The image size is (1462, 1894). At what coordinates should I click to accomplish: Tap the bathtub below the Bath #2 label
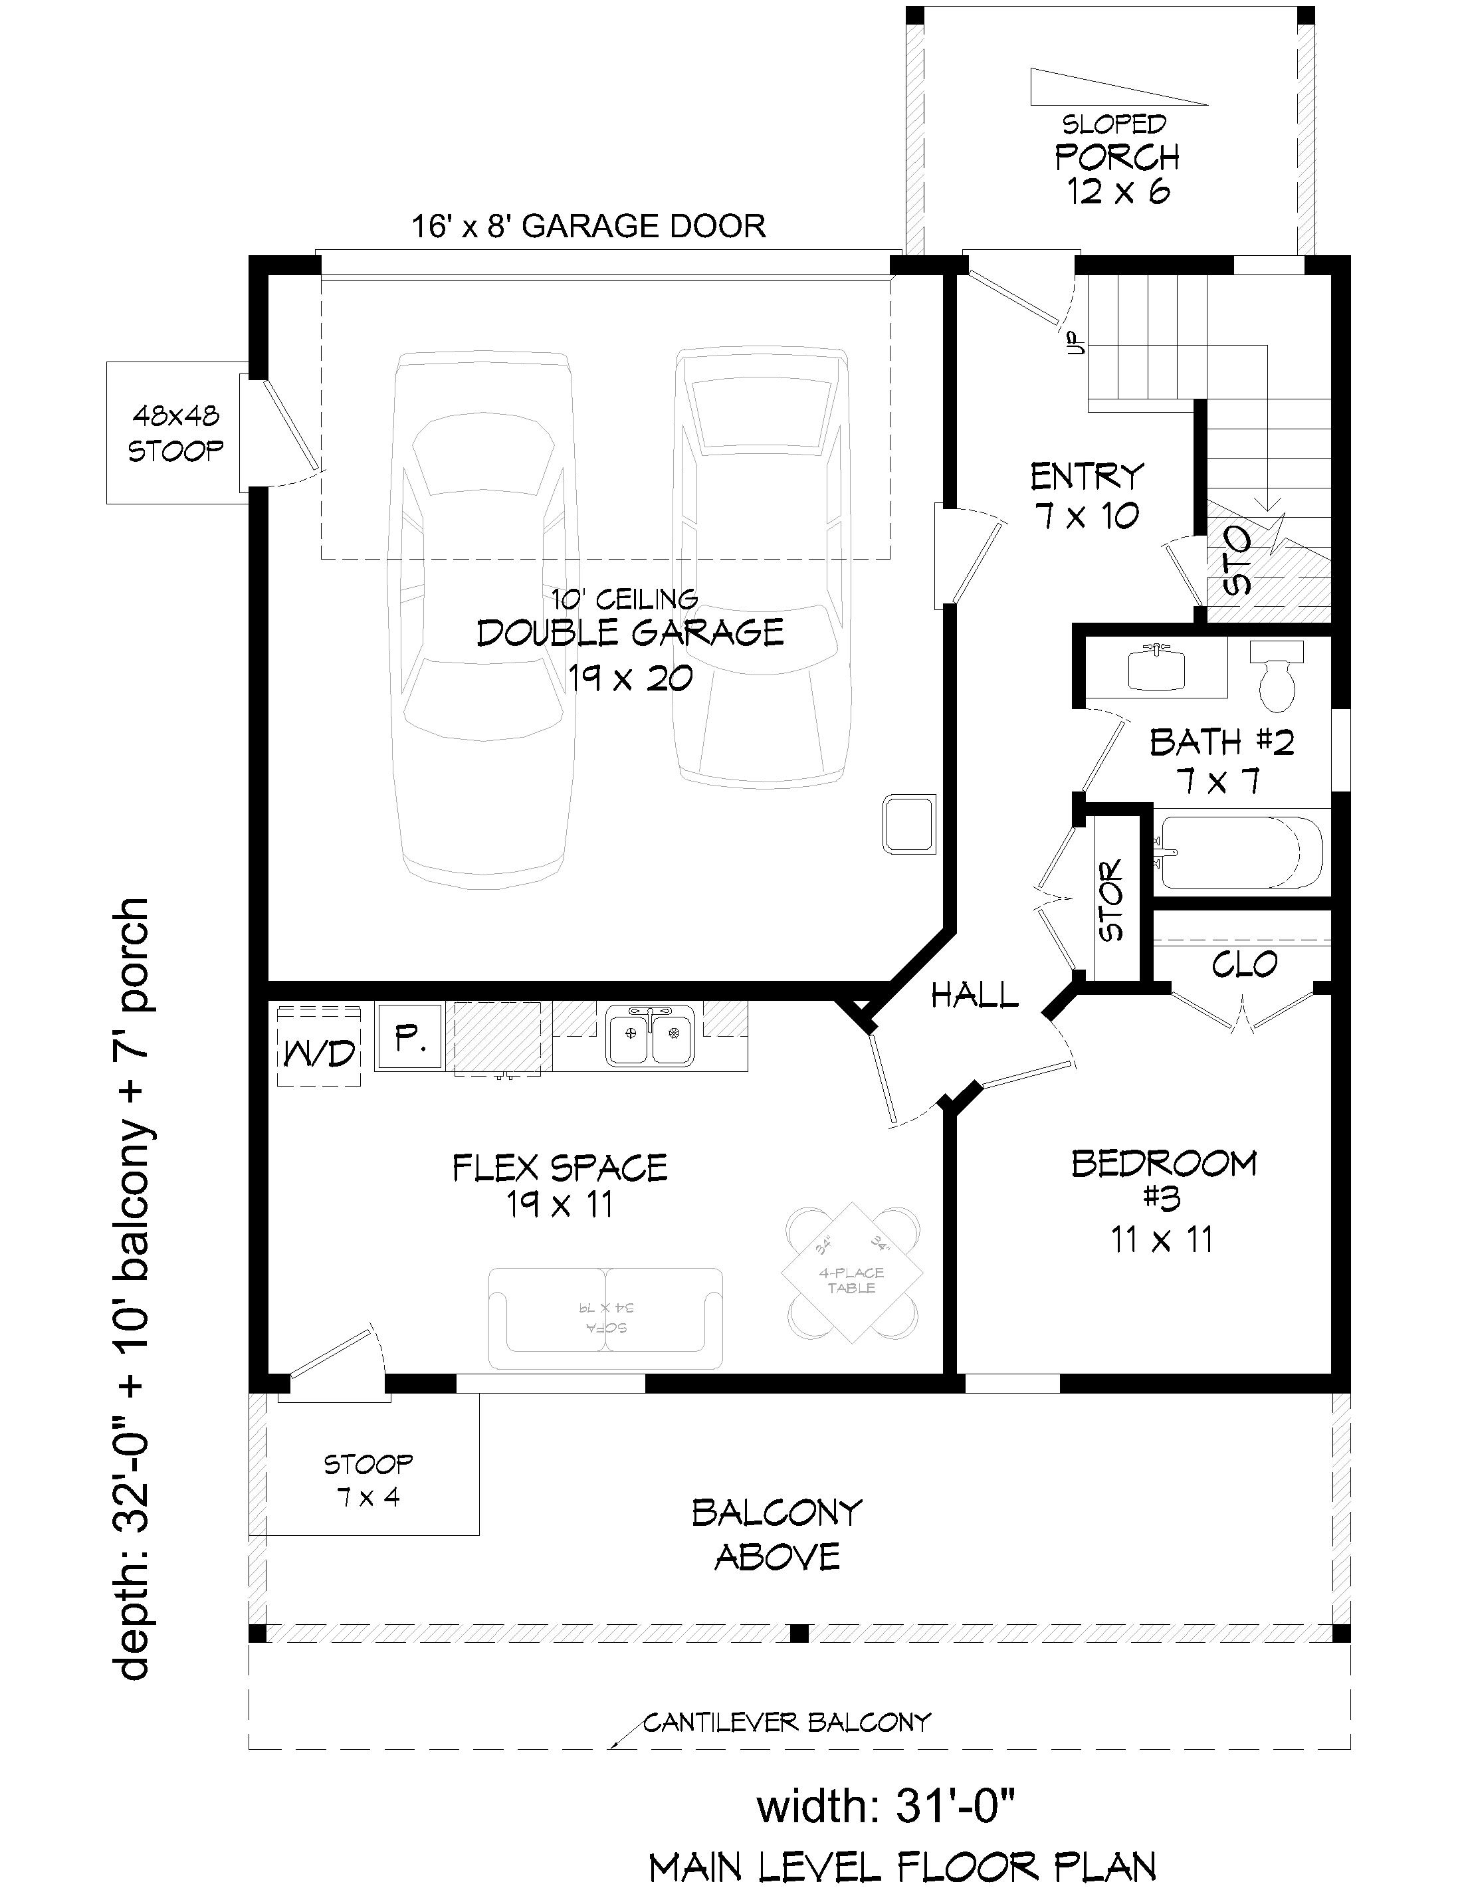[1240, 853]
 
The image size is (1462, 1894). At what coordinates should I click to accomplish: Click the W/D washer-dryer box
[318, 1046]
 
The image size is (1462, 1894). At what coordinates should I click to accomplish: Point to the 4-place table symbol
[853, 1281]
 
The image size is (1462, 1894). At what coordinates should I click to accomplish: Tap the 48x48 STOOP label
[175, 433]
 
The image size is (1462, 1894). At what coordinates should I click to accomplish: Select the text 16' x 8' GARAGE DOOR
[588, 227]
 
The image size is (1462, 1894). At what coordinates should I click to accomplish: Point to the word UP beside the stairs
[1078, 344]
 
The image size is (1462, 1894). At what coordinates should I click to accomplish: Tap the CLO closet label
[1243, 964]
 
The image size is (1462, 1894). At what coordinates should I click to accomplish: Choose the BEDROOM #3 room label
[1164, 1180]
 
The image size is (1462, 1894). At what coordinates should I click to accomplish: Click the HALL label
[974, 996]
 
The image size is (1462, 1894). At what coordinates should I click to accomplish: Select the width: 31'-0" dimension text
[885, 1808]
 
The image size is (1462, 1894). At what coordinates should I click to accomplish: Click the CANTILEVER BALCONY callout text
[787, 1723]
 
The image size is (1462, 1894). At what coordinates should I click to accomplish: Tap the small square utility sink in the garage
[908, 824]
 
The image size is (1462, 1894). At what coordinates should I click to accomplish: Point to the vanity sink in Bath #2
[1156, 669]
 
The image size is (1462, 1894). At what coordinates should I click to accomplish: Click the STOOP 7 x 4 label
[367, 1481]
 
